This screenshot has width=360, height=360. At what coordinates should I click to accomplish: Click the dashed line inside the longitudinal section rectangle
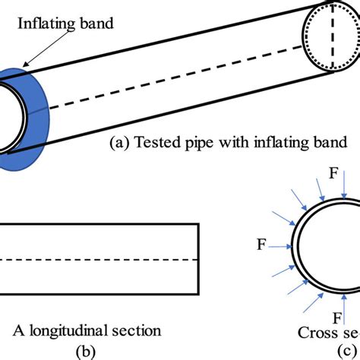99,261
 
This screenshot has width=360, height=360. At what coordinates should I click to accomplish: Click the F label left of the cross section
262,245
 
